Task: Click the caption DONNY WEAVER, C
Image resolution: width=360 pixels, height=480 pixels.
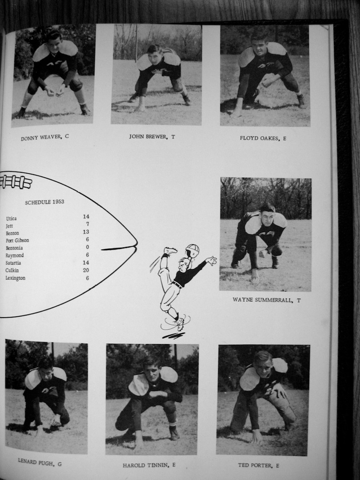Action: (45, 138)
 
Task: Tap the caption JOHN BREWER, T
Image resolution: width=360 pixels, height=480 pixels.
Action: (152, 136)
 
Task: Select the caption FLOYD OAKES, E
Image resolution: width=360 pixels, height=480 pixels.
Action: (263, 138)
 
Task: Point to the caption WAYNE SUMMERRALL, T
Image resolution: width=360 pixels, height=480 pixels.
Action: (266, 300)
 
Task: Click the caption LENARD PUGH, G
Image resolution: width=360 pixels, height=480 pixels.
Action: (40, 462)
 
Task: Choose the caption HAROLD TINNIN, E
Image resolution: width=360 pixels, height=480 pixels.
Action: (149, 465)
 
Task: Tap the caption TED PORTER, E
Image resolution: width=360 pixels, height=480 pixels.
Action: (258, 465)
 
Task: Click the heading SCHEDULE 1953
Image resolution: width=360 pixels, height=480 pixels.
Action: (45, 202)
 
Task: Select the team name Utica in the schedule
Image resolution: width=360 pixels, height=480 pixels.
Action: (11, 219)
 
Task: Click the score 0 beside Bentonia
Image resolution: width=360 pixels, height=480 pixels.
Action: (88, 247)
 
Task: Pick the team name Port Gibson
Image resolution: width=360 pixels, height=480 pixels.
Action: (18, 240)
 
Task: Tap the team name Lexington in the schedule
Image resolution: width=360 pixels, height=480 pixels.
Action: (15, 278)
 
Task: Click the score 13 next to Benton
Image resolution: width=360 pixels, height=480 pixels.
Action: (86, 232)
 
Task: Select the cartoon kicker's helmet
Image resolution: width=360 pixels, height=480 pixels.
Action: (193, 250)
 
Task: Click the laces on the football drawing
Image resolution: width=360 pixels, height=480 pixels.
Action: (16, 182)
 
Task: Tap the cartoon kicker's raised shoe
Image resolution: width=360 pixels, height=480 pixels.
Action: (171, 251)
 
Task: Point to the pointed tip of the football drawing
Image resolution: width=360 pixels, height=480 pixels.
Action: (136, 244)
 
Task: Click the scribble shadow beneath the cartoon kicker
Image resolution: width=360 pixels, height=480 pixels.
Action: (173, 336)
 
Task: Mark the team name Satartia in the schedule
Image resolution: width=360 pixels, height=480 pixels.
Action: (13, 263)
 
